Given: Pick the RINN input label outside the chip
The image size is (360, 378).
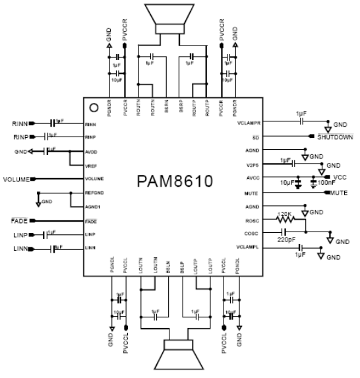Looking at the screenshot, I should [20, 123].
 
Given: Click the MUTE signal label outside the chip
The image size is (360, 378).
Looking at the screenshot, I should [338, 193].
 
